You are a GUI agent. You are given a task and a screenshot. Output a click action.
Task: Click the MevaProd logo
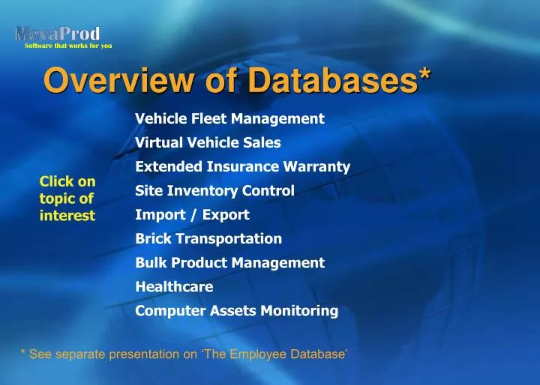58,34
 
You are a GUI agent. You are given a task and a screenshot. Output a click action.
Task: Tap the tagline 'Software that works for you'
68,46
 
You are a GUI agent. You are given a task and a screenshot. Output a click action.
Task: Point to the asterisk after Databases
424,75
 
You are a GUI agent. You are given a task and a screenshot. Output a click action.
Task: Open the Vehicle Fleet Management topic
229,118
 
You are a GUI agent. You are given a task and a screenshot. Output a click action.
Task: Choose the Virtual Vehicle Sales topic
208,142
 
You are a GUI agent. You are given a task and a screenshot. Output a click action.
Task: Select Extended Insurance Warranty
242,166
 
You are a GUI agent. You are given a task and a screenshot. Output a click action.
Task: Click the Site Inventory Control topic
214,190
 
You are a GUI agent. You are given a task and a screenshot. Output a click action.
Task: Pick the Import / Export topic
192,214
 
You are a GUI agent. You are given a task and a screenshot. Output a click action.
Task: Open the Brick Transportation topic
208,238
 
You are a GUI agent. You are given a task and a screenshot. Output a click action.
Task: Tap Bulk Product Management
229,262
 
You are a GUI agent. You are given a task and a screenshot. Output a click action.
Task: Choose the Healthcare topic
174,286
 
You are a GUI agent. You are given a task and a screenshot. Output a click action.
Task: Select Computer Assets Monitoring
236,310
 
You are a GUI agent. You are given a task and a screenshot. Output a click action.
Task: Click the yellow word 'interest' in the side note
67,216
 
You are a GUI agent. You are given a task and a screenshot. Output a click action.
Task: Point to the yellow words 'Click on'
67,181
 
